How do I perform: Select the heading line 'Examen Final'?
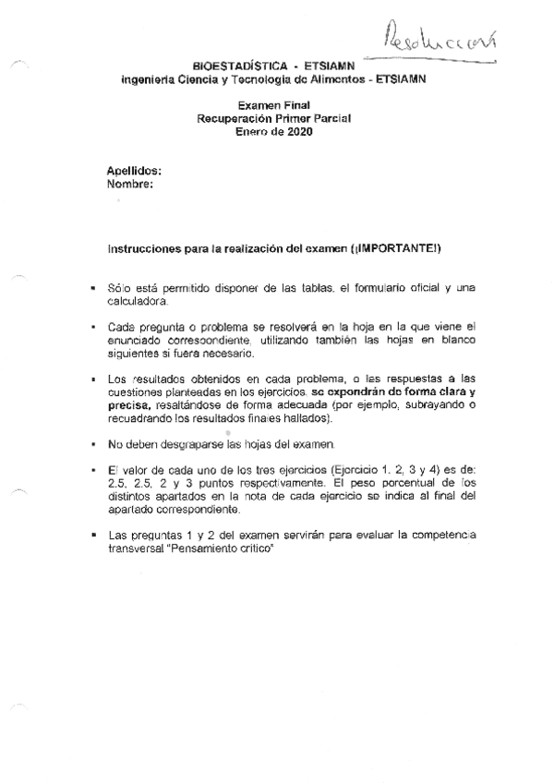(x=273, y=106)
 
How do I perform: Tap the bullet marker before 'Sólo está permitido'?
(x=92, y=290)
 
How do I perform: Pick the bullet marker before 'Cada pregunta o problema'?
(x=92, y=327)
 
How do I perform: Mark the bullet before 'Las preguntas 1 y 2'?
(x=92, y=534)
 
